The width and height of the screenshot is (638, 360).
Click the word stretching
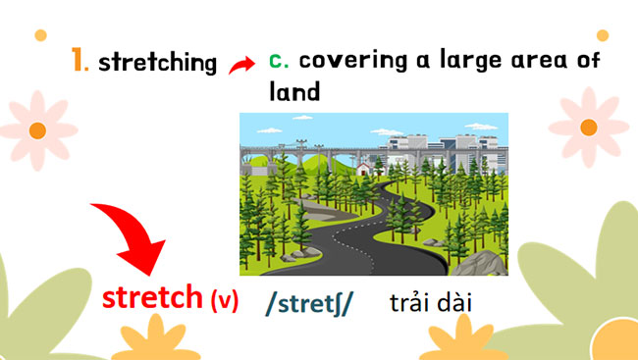coord(158,64)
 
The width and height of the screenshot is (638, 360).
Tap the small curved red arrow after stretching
coord(241,66)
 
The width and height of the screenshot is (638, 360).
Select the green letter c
coord(279,60)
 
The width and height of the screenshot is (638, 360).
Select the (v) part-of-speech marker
coord(225,300)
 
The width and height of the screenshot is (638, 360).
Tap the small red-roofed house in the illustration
coord(363,169)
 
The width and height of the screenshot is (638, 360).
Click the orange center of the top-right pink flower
coord(590,127)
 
